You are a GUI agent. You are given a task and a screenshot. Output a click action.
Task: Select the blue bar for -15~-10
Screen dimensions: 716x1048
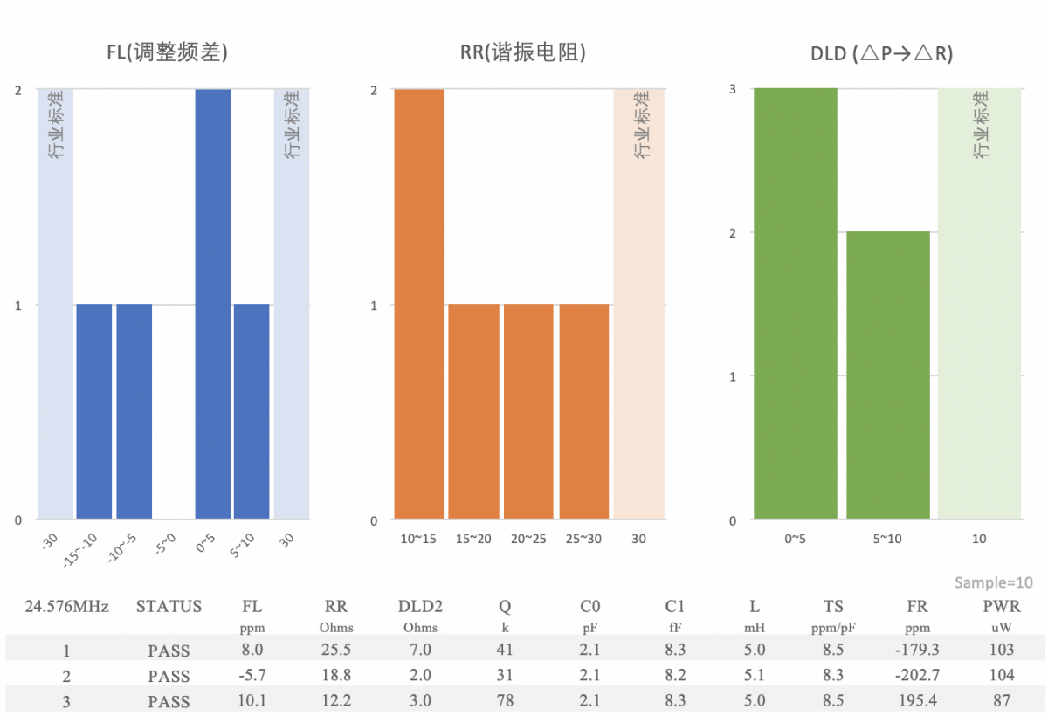tap(94, 411)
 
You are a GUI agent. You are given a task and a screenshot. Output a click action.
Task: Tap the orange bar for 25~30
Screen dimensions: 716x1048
tap(584, 411)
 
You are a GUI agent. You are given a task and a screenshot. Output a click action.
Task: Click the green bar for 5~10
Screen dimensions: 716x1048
tap(888, 375)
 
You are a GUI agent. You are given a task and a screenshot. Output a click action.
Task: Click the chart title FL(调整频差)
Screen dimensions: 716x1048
tap(167, 52)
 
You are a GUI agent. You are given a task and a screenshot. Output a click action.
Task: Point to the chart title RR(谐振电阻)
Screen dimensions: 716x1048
tap(522, 52)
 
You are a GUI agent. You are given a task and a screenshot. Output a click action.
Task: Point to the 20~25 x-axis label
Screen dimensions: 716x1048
tap(528, 539)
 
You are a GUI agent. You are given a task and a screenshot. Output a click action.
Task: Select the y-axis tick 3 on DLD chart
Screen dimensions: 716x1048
tap(733, 89)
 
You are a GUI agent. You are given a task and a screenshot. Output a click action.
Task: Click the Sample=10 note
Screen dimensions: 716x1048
tap(994, 582)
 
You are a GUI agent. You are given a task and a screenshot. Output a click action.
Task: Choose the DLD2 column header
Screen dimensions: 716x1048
tap(420, 606)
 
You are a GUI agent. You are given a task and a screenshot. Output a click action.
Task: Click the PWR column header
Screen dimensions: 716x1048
tap(1002, 606)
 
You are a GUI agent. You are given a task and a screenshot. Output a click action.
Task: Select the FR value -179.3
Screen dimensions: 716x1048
tap(917, 650)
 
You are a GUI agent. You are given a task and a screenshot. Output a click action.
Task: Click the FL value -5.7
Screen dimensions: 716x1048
tap(252, 675)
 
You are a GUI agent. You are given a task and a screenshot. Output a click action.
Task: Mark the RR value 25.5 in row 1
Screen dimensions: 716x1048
tap(336, 650)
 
